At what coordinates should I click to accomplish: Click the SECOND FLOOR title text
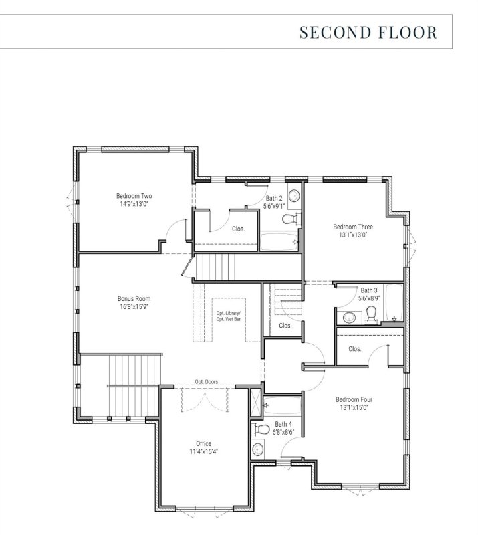click(368, 32)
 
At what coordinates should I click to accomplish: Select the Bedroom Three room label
click(353, 227)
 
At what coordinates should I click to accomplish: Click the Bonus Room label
click(134, 298)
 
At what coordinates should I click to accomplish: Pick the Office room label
click(203, 443)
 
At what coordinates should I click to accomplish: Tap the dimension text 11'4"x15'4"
click(203, 451)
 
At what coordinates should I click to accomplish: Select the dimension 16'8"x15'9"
click(134, 307)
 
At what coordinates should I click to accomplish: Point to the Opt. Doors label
click(207, 382)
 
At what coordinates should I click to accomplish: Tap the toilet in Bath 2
click(289, 219)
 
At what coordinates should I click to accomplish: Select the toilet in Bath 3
click(373, 314)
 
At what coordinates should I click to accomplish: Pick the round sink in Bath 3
click(348, 318)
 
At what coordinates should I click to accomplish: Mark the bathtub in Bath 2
click(277, 241)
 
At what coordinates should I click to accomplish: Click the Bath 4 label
click(283, 424)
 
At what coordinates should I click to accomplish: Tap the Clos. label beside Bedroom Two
click(238, 229)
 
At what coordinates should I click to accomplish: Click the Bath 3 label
click(369, 290)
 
